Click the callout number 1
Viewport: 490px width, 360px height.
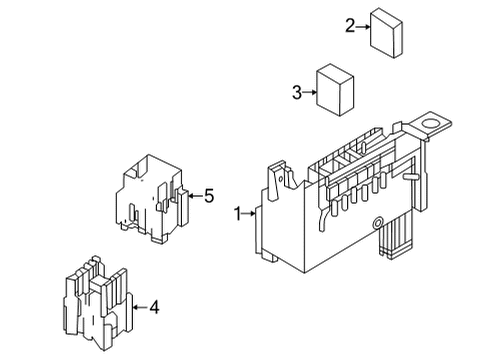pos(238,213)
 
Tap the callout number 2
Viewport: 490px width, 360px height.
pos(350,26)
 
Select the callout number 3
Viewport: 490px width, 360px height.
pos(297,93)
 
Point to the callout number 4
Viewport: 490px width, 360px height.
pos(154,307)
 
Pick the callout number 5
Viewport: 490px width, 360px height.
pos(209,196)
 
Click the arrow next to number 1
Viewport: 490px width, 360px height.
pos(252,213)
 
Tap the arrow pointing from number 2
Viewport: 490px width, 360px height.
pos(364,26)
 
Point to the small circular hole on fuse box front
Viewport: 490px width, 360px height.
pos(377,222)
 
